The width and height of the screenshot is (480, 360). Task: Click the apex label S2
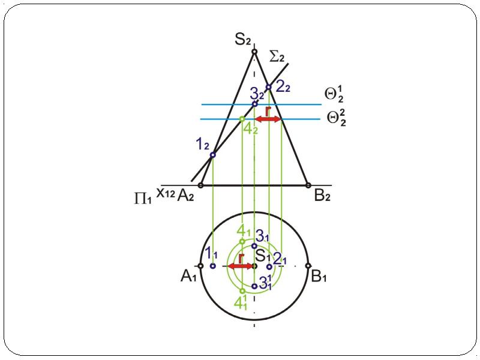pos(243,40)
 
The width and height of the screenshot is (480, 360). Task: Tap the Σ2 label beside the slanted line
pos(277,57)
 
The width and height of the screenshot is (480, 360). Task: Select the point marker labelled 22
pos(268,87)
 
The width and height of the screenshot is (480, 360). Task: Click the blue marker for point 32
pos(254,104)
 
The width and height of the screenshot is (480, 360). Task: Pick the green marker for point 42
pos(242,119)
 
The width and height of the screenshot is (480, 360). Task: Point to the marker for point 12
pos(213,155)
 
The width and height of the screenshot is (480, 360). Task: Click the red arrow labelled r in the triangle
pos(268,119)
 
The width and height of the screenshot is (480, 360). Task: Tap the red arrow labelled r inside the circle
pos(241,266)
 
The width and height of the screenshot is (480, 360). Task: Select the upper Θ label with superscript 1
pos(334,94)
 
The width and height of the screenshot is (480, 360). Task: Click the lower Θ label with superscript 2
pos(336,118)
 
